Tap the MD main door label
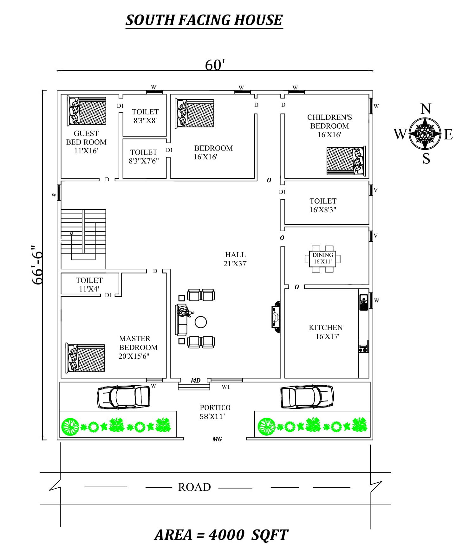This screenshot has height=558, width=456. click(196, 380)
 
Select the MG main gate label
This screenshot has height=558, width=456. click(217, 439)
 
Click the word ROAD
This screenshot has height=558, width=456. click(194, 487)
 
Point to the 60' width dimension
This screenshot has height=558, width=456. click(215, 65)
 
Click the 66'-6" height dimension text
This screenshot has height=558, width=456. click(37, 265)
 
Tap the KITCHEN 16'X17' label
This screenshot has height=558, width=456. click(326, 332)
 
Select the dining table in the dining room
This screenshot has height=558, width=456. click(322, 259)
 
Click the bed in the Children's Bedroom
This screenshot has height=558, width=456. click(346, 161)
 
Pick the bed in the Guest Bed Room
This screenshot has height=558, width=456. click(87, 111)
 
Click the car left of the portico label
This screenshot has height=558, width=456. click(123, 397)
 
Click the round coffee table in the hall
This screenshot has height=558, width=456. click(200, 322)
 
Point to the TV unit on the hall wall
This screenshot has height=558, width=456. click(276, 317)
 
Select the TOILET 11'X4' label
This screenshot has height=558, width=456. click(89, 284)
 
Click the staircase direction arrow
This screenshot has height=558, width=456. click(72, 233)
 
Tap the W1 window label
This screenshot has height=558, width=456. click(225, 387)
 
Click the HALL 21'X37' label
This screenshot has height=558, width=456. click(235, 259)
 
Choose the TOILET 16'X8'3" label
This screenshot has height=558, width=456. click(323, 205)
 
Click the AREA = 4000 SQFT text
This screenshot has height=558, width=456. click(221, 535)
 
